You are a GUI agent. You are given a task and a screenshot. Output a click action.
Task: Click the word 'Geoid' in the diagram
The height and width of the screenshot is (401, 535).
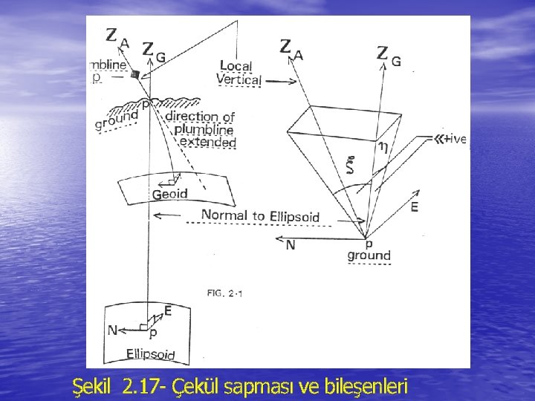[x=169, y=194]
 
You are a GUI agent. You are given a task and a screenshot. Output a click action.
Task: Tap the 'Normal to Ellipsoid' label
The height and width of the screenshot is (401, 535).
[x=260, y=216]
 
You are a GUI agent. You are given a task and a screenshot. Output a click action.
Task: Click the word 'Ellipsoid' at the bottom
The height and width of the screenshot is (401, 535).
[x=151, y=353]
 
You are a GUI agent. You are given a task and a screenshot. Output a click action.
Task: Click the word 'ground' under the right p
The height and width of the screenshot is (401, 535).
[x=369, y=255]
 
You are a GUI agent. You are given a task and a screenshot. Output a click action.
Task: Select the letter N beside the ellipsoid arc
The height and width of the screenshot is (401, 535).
[x=111, y=330]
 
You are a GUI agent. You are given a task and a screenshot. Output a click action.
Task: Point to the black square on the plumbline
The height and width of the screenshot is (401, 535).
[x=134, y=74]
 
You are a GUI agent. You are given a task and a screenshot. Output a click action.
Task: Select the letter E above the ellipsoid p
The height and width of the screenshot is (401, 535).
[x=168, y=311]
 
